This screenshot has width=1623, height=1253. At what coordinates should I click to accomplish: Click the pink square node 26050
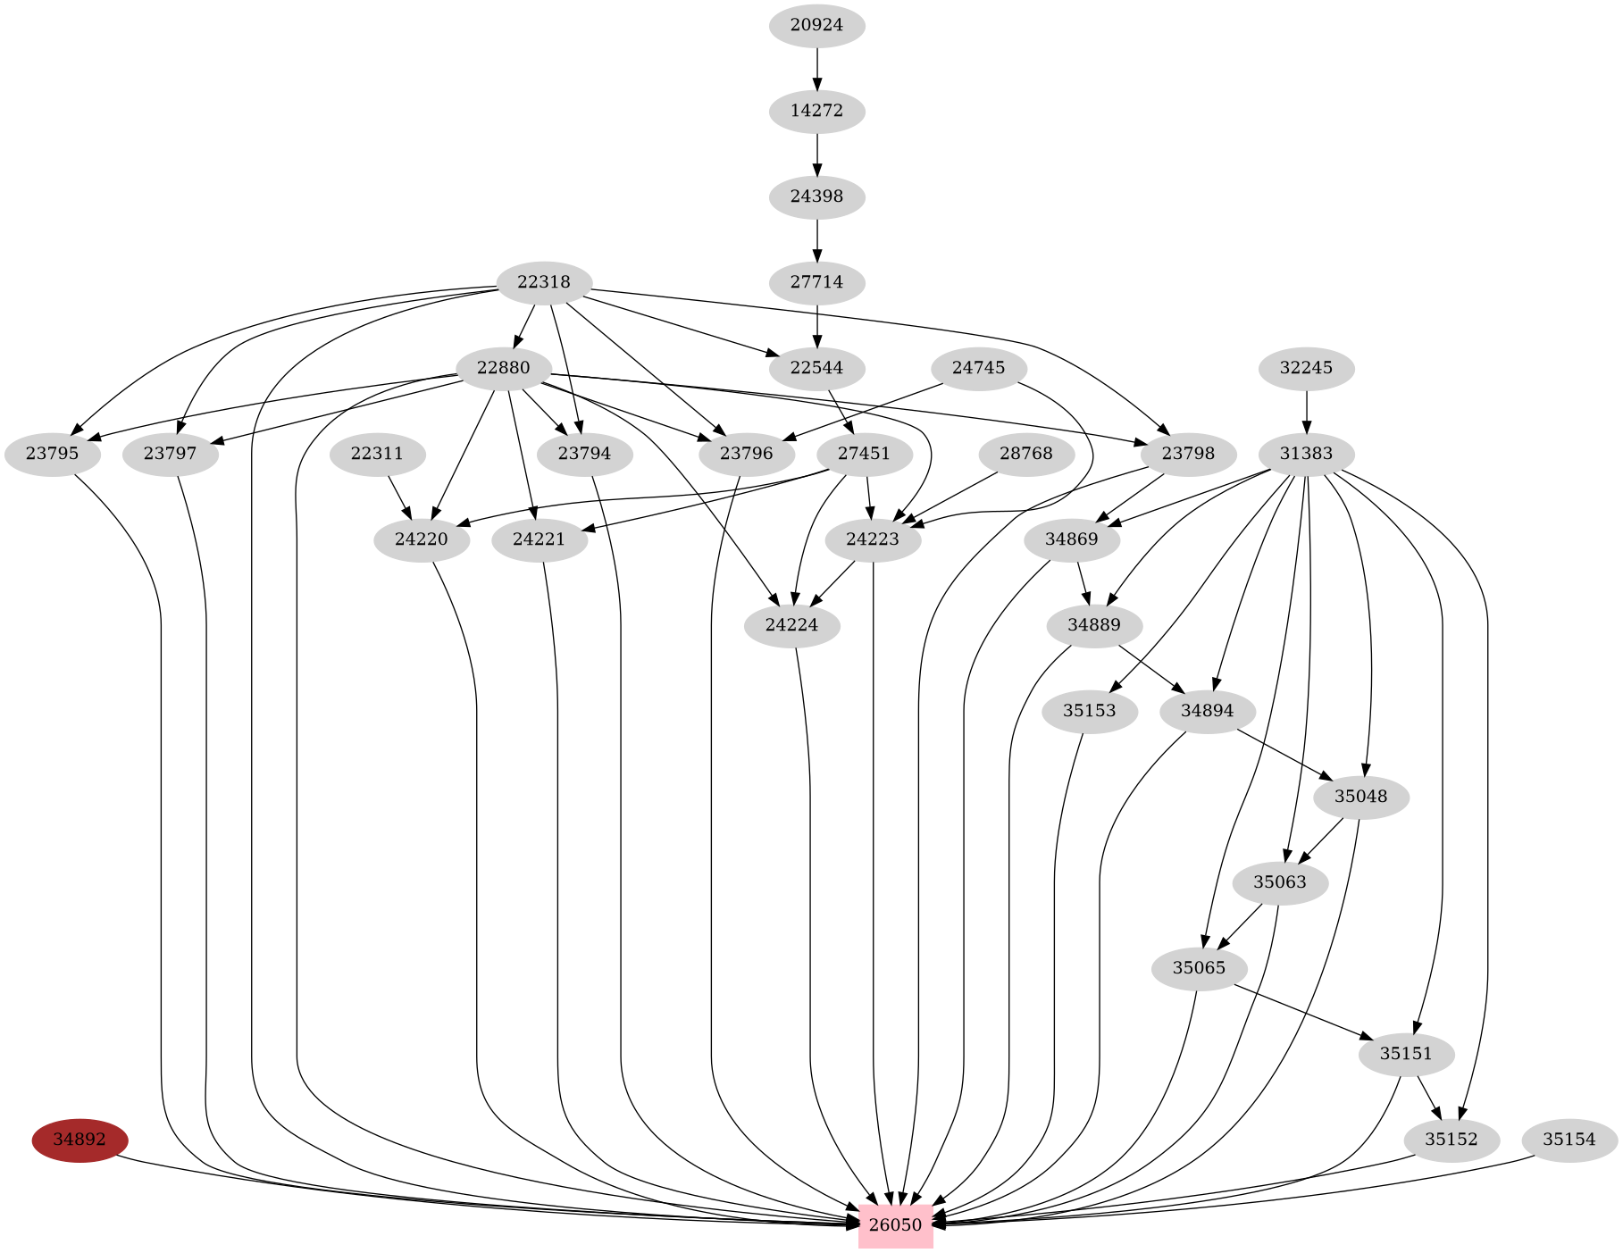[895, 1225]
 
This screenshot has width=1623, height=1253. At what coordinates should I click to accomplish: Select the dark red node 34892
[79, 1140]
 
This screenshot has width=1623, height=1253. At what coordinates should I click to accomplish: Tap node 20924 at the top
[816, 25]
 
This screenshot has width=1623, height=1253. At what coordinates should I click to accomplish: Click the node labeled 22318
[543, 282]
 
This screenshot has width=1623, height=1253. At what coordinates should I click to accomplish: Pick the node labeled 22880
[503, 368]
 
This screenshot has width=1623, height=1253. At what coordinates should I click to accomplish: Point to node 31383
[1306, 454]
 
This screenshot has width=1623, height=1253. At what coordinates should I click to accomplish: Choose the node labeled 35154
[1569, 1140]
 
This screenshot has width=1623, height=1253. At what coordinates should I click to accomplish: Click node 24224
[791, 625]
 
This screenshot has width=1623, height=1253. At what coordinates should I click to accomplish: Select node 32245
[1306, 368]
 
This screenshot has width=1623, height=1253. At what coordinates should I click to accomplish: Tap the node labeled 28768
[1025, 454]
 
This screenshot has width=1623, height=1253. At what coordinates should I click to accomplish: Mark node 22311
[377, 454]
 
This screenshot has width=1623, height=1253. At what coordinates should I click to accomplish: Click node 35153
[1089, 711]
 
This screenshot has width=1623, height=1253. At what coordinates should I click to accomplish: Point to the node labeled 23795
[52, 454]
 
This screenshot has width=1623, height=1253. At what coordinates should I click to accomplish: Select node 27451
[864, 454]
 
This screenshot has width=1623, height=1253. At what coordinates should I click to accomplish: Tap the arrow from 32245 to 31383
[1306, 411]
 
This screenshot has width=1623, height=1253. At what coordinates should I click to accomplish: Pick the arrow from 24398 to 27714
[816, 239]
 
